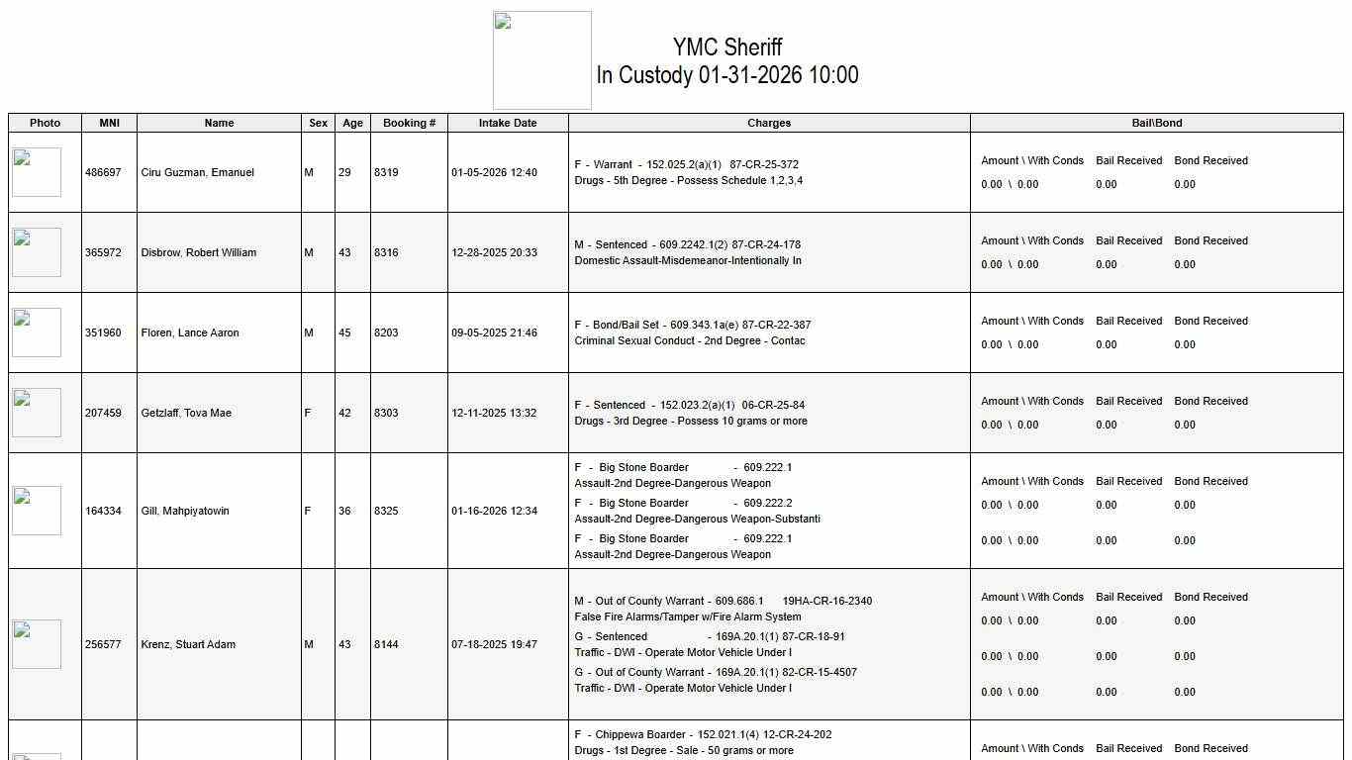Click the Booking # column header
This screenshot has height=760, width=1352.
(409, 123)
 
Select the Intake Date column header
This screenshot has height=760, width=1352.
(508, 123)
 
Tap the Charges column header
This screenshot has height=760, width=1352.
(769, 123)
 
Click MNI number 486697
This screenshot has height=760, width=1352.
(103, 172)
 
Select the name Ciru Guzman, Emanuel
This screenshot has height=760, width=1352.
(198, 172)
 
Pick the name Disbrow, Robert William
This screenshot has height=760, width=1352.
(199, 252)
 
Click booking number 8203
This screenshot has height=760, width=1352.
(386, 332)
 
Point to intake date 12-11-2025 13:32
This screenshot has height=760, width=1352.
(494, 413)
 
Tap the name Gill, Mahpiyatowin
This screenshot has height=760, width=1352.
(185, 511)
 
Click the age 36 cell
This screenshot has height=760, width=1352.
(344, 511)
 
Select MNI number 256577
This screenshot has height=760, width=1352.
(103, 644)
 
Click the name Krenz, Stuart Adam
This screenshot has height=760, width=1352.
(188, 644)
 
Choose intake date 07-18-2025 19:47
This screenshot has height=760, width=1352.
(494, 644)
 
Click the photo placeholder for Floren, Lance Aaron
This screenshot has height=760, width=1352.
(37, 332)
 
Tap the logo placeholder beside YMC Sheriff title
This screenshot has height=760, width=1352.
(542, 60)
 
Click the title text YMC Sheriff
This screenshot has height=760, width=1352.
(727, 47)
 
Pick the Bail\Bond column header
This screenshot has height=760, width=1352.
(1157, 123)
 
